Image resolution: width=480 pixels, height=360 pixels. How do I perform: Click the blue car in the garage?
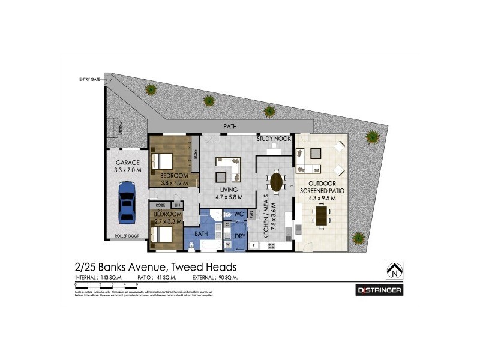point(127,203)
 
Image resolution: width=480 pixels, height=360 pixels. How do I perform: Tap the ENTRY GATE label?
point(90,79)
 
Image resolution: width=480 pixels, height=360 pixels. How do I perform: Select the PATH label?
point(229,127)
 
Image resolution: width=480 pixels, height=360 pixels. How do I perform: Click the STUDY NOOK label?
point(274,139)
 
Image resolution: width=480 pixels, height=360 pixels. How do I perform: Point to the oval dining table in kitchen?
point(277,181)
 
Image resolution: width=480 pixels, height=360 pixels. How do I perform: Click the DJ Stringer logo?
point(379,290)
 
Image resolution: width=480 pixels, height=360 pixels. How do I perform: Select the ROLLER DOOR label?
point(127,236)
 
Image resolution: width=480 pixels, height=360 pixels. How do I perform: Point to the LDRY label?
point(238,236)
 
